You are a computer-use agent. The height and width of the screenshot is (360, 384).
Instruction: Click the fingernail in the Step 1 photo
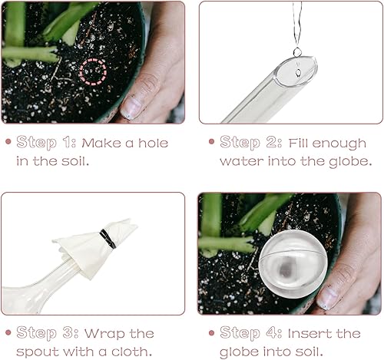[x=133, y=107]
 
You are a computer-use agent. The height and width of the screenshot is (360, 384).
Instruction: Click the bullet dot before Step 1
[x=10, y=143]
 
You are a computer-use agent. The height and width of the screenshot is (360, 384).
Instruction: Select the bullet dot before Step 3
[x=10, y=334]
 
